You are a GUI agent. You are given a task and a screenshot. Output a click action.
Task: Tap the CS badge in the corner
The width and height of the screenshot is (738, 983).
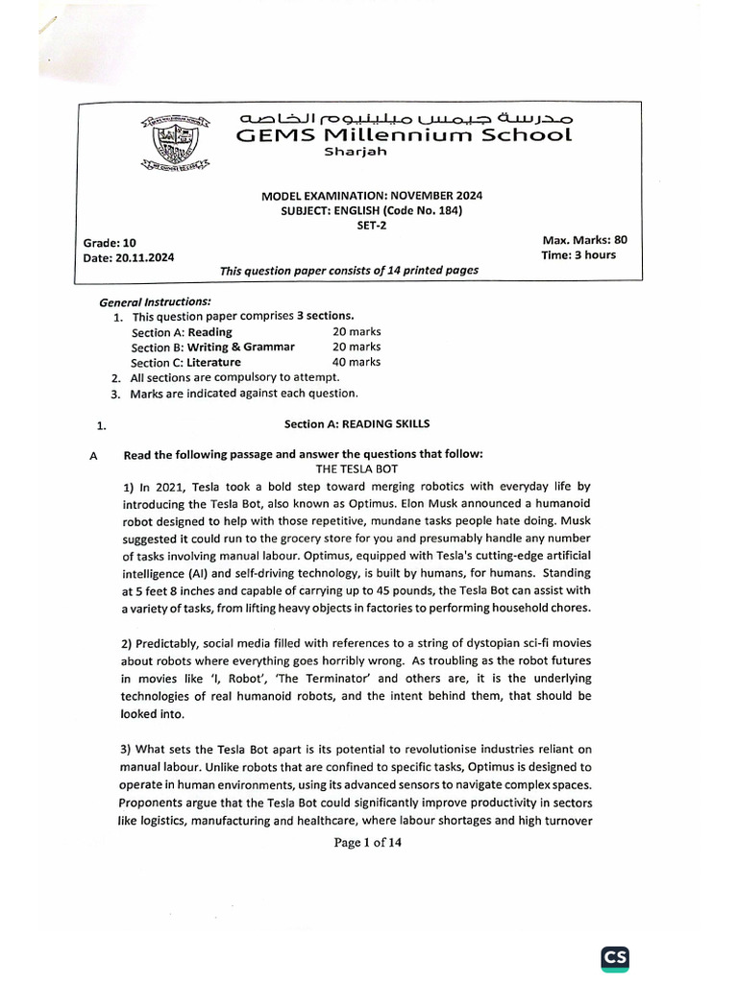pos(615,932)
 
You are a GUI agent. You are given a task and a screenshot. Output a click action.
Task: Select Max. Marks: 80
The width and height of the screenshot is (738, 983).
pos(584,239)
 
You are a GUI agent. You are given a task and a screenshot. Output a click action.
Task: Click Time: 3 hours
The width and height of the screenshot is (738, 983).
pos(579,254)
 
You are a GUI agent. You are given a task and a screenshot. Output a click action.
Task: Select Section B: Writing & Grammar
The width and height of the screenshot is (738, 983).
pos(213,347)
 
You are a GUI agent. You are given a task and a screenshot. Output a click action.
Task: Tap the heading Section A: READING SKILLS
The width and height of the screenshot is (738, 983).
pos(357,423)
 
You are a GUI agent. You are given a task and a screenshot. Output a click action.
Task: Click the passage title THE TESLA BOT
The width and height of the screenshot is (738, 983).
pos(357,468)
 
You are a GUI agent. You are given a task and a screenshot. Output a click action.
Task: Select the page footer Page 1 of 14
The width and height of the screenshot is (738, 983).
pos(367,843)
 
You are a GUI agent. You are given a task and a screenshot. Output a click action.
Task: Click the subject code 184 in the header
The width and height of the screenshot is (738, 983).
pos(445,210)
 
